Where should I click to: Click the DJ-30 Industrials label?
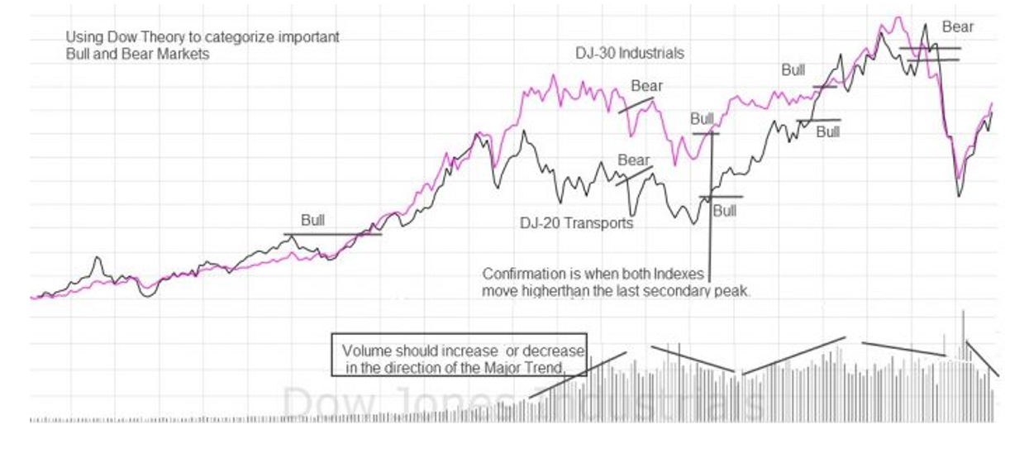(x=630, y=53)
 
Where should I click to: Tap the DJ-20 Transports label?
(x=576, y=223)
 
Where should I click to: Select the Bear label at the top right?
(x=958, y=27)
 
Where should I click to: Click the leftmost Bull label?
(x=312, y=221)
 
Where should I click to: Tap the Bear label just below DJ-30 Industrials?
(x=646, y=86)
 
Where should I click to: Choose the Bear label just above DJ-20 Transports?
(x=634, y=160)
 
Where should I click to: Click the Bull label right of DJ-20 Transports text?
(x=724, y=211)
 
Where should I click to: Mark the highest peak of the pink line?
(x=899, y=17)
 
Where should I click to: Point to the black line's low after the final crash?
(x=960, y=195)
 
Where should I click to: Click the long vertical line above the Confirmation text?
(x=711, y=207)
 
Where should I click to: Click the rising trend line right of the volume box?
(x=579, y=375)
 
